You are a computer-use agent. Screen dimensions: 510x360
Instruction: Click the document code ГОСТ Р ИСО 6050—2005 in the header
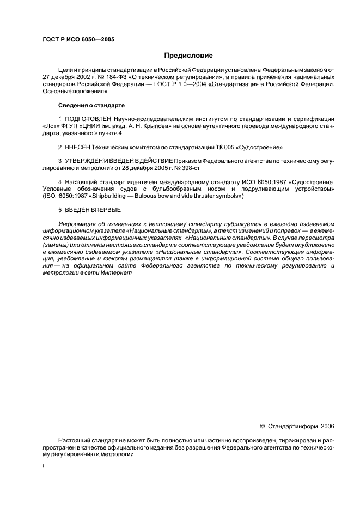tap(78, 40)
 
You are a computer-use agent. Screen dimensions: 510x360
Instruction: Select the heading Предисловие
tap(188, 55)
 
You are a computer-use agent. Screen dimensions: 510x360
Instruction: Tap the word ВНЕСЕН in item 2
tap(78, 148)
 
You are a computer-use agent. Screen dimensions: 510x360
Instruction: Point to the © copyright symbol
tap(262, 427)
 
